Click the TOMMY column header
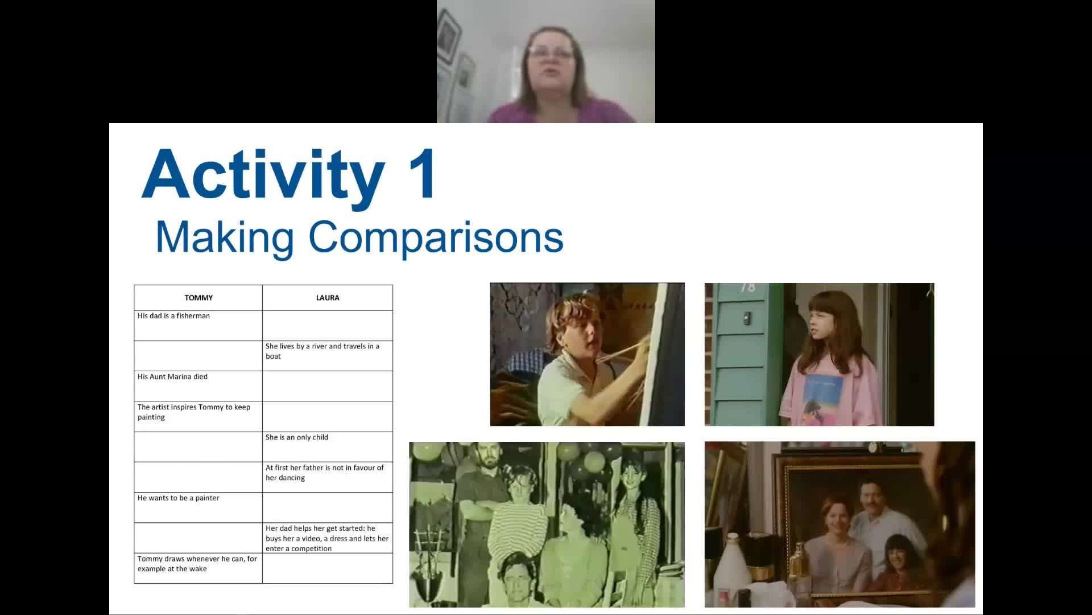[198, 298]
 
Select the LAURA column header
[328, 298]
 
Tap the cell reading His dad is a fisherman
[174, 316]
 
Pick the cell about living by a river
[322, 351]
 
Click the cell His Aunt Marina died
[173, 377]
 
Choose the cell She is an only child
[297, 437]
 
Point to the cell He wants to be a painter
[179, 498]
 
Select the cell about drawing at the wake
[197, 564]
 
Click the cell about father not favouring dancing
[325, 473]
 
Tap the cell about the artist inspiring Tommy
[194, 412]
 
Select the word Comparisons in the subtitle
[436, 237]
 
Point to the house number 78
[748, 288]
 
